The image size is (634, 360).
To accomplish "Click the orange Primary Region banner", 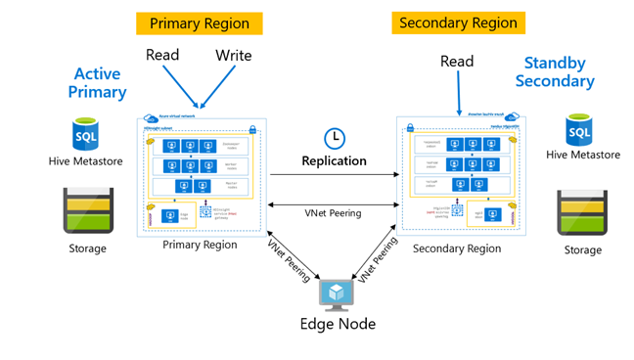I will tap(200, 23).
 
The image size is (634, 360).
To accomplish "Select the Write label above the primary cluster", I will tap(234, 56).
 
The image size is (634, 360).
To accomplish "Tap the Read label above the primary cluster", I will tap(162, 55).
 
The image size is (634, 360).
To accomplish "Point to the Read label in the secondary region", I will tap(457, 62).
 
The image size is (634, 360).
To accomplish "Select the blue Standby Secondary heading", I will tap(556, 71).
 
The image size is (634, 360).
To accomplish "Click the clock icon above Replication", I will tap(334, 138).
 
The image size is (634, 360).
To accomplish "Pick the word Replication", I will tap(334, 160).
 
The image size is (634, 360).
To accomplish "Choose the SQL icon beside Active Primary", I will tap(86, 133).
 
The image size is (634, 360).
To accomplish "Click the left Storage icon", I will tap(87, 206).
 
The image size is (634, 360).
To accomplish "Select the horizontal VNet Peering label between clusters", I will tap(334, 212).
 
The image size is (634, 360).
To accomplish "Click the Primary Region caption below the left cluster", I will tap(200, 245).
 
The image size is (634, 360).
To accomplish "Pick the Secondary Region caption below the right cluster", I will tap(457, 248).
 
